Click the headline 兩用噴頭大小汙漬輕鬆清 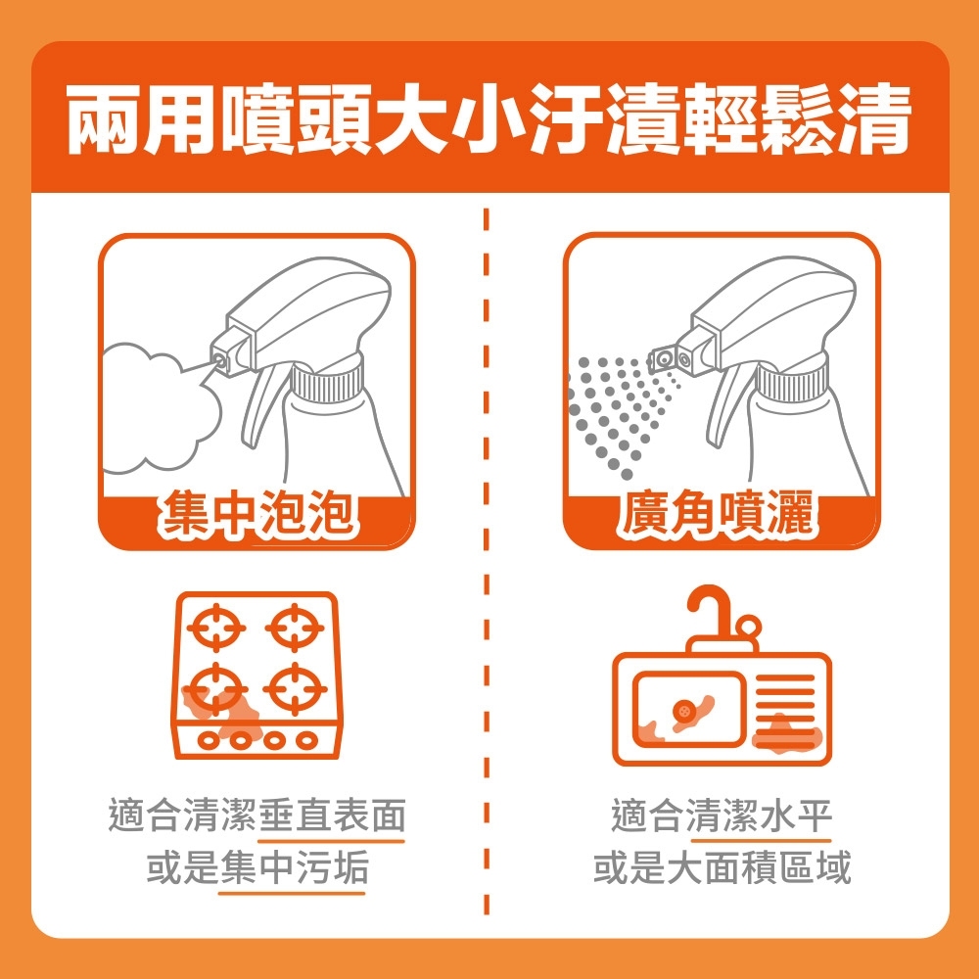(489, 119)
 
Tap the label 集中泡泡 (256, 516)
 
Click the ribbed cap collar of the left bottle (328, 380)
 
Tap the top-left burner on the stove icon (215, 627)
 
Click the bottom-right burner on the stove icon (294, 690)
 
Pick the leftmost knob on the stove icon (208, 741)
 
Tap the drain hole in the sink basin (682, 710)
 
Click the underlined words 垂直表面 (332, 816)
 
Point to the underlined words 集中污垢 (293, 868)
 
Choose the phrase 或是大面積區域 (722, 868)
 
